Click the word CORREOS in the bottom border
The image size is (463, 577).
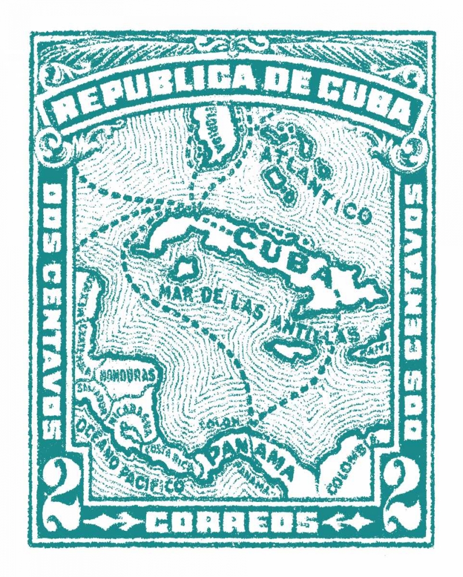pos(231,523)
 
